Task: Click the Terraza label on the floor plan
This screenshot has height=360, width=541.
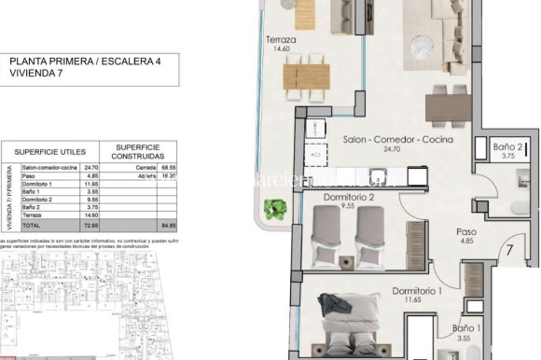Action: tap(281, 40)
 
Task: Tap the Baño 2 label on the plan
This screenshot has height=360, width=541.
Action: tap(506, 145)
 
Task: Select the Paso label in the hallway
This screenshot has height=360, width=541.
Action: tap(466, 232)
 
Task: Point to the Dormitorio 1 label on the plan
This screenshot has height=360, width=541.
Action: tap(417, 290)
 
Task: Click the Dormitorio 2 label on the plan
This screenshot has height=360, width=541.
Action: tap(348, 197)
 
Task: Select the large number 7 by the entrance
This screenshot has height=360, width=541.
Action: tap(510, 250)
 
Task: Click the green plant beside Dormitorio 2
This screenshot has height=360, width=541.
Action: tap(275, 208)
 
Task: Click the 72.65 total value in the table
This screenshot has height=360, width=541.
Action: tap(91, 226)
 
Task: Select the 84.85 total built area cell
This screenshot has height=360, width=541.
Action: tap(168, 226)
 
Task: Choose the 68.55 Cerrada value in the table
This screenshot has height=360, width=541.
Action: tap(168, 166)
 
